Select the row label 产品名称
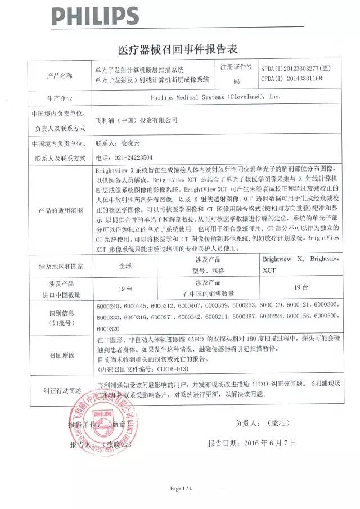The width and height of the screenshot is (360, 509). (59, 75)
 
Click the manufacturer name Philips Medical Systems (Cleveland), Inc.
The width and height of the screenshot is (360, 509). (215, 97)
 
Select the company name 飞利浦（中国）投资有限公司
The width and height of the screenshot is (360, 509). (137, 120)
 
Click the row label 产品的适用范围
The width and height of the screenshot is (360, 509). (59, 210)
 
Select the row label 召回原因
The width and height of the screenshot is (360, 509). (59, 355)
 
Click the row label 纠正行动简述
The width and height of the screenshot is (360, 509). (59, 389)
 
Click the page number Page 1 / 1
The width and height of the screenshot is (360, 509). (181, 488)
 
